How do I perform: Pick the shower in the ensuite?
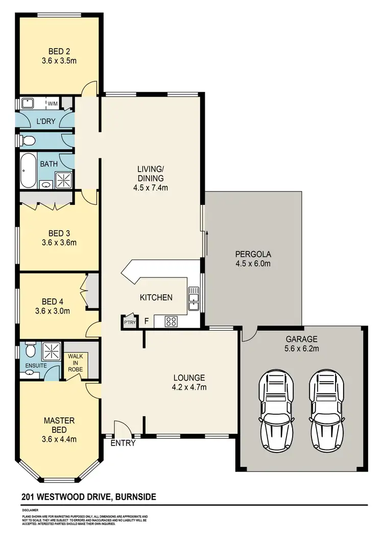[x=51, y=351]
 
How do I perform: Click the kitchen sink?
[x=194, y=298]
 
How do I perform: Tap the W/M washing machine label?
[x=53, y=104]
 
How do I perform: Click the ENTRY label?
[x=123, y=443]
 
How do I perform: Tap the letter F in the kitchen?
[x=147, y=321]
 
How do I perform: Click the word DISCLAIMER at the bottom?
[x=31, y=510]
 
